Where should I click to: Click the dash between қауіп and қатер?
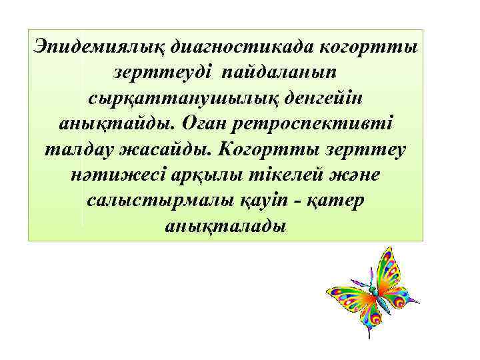coord(303,201)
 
